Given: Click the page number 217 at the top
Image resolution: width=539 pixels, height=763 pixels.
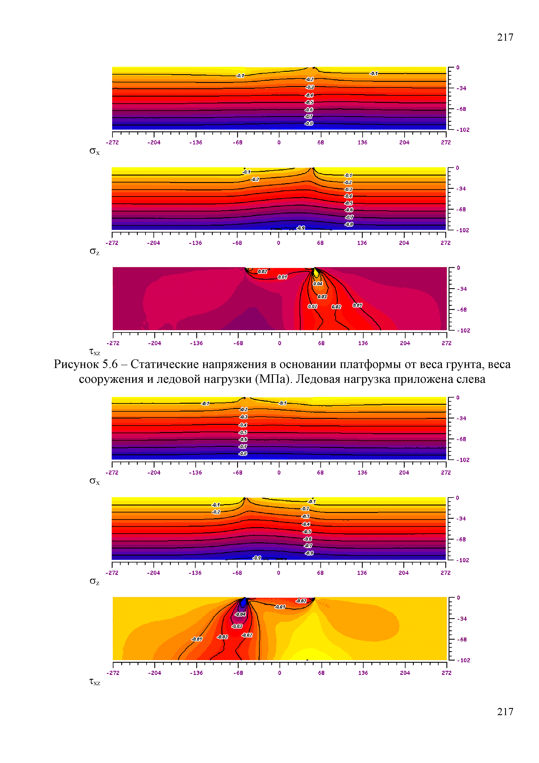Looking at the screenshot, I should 505,37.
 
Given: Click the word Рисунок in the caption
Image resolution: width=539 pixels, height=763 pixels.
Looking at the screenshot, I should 76,365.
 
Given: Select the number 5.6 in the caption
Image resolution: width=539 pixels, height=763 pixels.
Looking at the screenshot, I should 110,365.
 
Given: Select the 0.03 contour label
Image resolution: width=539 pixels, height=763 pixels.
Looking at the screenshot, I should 322,297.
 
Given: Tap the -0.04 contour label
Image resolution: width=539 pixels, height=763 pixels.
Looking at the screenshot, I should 240,614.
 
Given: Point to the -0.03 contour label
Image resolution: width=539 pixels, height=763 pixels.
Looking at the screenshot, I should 237,626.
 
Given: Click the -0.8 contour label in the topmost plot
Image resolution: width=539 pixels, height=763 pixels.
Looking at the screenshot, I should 309,124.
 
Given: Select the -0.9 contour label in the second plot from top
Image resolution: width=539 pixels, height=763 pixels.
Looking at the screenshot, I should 301,228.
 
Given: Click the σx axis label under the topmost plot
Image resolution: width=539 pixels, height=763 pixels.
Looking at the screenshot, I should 95,152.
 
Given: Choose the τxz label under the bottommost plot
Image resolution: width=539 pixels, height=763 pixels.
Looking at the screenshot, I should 95,682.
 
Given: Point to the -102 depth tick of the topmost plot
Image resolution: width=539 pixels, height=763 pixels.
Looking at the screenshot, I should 463,130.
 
